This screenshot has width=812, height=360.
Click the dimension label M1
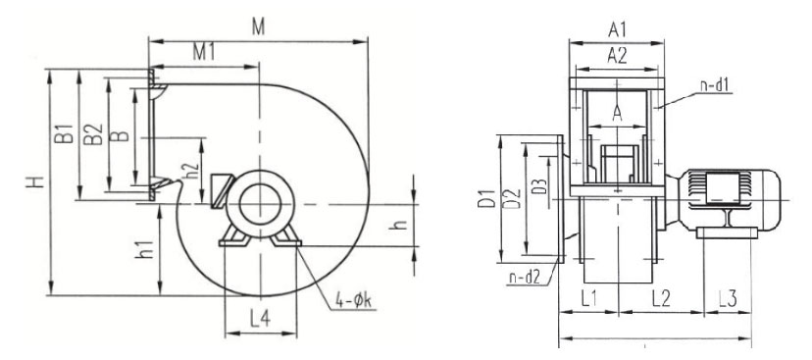coord(204,52)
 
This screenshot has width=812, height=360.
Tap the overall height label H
coord(35,181)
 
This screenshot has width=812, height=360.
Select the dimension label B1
coord(64,133)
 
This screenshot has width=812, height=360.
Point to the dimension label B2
coord(93,134)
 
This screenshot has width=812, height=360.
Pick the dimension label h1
coord(146,249)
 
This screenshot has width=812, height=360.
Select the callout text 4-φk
coord(354,301)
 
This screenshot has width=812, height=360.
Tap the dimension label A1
coord(617,30)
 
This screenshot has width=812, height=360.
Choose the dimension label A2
coord(617,55)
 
